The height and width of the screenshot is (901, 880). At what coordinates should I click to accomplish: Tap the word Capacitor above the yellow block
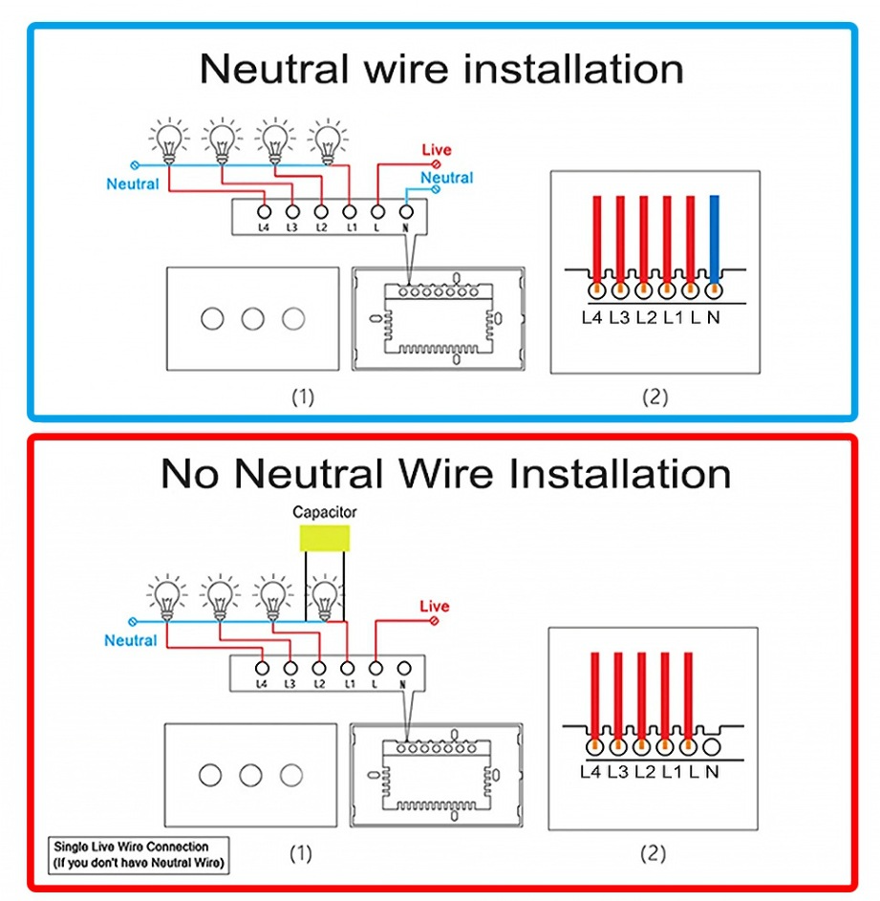[324, 513]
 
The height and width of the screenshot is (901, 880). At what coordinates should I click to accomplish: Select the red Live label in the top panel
[437, 150]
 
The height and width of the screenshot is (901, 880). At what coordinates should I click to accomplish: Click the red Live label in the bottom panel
[434, 607]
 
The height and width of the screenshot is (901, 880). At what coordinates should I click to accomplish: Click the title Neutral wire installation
[441, 69]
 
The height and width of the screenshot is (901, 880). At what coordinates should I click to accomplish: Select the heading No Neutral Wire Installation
[445, 473]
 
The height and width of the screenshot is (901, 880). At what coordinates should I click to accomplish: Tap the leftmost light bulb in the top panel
[169, 140]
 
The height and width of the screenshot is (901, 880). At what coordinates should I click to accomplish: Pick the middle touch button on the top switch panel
[252, 319]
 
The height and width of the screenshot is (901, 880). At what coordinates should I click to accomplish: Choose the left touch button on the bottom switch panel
[209, 775]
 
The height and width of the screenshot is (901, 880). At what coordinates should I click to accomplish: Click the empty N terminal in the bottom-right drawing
[711, 742]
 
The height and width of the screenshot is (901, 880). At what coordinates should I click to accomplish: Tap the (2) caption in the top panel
[655, 397]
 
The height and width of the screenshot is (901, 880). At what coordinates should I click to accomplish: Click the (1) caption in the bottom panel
[302, 853]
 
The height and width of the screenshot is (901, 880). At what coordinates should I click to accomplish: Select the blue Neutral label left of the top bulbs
[133, 183]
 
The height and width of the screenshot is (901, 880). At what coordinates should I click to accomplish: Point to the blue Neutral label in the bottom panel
[130, 640]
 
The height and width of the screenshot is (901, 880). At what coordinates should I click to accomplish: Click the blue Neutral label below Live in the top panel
[446, 178]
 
